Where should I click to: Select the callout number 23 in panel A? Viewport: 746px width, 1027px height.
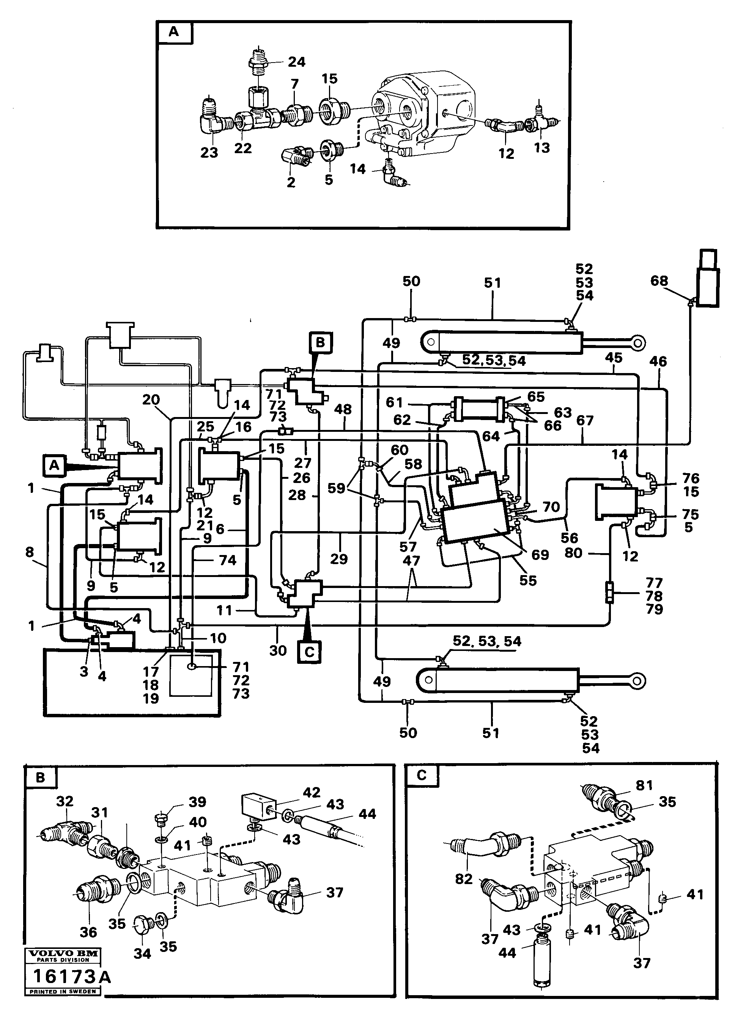[x=209, y=153]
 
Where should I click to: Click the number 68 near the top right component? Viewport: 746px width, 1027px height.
[x=659, y=281]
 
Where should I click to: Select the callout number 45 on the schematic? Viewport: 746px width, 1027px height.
[x=614, y=358]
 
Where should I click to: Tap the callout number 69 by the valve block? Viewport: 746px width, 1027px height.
[x=540, y=554]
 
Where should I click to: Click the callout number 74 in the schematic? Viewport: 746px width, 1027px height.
[x=228, y=560]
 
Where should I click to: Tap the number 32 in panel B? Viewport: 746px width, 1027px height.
[x=65, y=801]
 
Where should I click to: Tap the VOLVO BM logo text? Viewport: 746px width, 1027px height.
[x=63, y=953]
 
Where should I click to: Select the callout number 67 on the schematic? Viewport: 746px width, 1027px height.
[x=585, y=421]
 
